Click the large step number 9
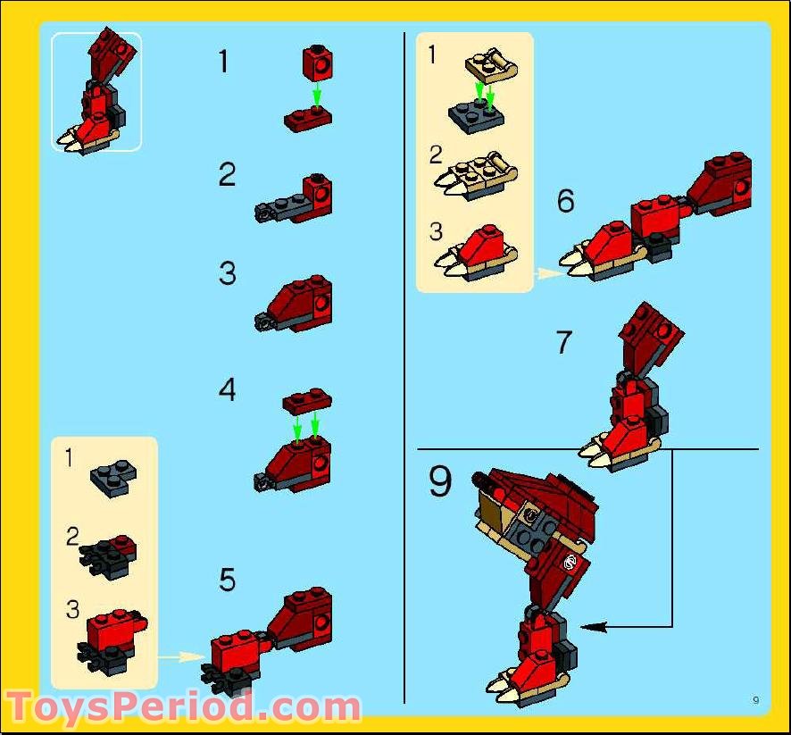[x=440, y=481]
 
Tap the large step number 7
[x=564, y=342]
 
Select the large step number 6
[x=565, y=200]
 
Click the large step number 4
[x=227, y=390]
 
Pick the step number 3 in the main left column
[x=227, y=273]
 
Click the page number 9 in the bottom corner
[x=755, y=699]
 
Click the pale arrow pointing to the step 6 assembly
[x=550, y=273]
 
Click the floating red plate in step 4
[x=307, y=401]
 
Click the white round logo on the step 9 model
[x=570, y=562]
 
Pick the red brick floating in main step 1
[x=317, y=63]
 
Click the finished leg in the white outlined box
[x=96, y=91]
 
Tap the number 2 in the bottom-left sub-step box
[x=72, y=537]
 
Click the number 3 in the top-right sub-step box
[x=436, y=231]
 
